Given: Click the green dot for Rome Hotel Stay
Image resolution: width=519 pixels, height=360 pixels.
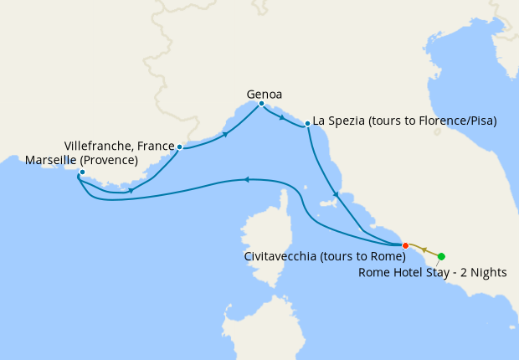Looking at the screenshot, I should click(441, 256).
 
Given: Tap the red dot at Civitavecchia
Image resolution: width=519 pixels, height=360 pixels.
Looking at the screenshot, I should click(405, 245).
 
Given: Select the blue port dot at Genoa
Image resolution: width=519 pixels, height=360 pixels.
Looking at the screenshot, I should click(262, 104).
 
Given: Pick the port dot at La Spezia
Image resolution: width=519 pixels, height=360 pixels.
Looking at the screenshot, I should click(308, 123).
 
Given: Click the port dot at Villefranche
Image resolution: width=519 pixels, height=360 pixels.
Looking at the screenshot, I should click(179, 147).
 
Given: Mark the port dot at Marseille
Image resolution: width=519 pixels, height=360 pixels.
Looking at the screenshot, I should click(82, 172).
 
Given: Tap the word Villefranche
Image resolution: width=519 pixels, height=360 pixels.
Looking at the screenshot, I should click(95, 146).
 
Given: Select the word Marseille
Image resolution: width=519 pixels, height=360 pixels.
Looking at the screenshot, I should click(52, 159).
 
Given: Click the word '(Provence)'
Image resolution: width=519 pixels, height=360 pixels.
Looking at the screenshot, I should click(109, 159).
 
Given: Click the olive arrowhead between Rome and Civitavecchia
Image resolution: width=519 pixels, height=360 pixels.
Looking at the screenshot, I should click(424, 249).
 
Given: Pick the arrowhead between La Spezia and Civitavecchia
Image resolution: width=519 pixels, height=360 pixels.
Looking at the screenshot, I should click(335, 195).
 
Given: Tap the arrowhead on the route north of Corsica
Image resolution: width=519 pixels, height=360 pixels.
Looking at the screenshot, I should click(247, 179).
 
